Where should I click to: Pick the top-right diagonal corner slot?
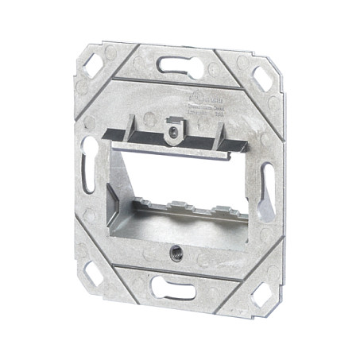coord(261,78)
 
